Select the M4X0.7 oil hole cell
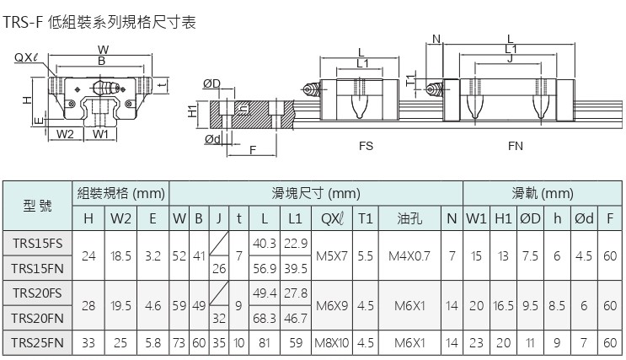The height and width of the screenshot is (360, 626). (x=409, y=255)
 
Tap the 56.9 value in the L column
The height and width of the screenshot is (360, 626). (x=264, y=268)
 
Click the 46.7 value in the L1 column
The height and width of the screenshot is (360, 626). (x=295, y=319)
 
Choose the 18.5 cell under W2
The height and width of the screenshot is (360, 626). (x=121, y=255)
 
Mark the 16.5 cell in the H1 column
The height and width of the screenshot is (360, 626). (x=503, y=305)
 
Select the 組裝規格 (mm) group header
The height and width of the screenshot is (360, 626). (x=120, y=193)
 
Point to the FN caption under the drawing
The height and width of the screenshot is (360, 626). (x=516, y=145)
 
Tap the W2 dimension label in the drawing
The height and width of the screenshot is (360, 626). (x=66, y=133)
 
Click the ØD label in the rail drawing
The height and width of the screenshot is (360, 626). (x=211, y=83)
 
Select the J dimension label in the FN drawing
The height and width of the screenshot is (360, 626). (x=511, y=58)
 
